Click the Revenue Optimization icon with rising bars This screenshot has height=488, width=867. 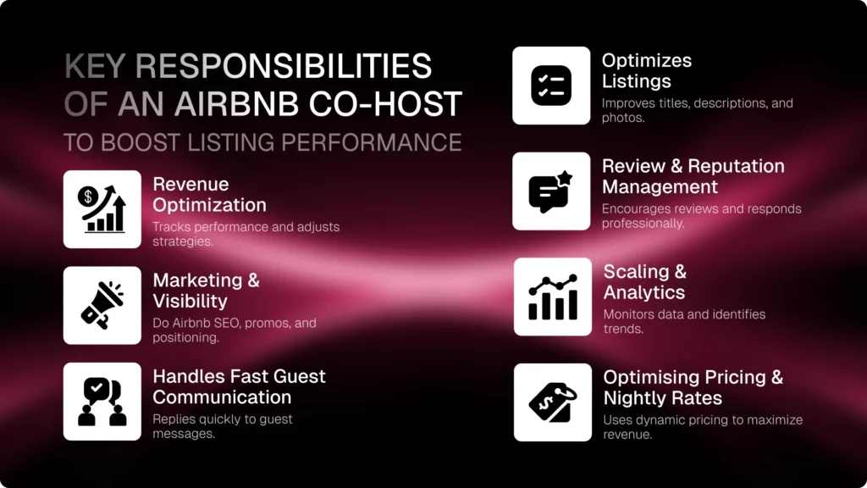[102, 209]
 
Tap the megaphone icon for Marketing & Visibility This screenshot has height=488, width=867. [102, 305]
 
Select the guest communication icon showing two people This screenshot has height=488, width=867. [102, 402]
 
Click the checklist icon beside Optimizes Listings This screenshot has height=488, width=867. [551, 86]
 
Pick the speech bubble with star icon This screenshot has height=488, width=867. [551, 191]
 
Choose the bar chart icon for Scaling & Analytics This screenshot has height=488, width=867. [552, 297]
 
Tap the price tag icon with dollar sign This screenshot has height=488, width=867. [552, 402]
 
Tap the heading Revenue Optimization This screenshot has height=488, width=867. [209, 194]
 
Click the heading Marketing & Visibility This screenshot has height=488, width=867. [206, 290]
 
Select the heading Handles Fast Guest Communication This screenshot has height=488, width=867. [239, 386]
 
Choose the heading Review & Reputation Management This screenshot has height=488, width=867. [693, 176]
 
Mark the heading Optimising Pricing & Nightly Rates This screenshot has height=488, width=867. [693, 387]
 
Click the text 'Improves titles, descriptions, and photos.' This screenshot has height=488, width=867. [697, 110]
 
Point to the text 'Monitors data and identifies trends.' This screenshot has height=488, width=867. [684, 321]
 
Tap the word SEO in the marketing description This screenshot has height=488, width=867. [240, 323]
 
